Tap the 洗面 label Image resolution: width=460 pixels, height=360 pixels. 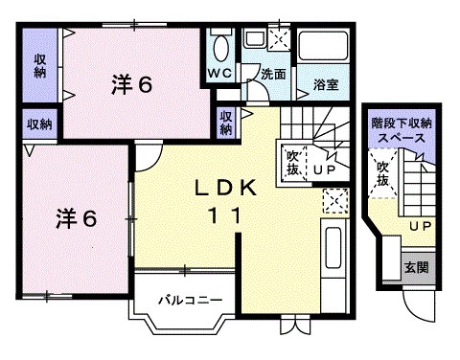(275, 74)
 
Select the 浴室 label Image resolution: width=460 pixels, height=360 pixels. (326, 85)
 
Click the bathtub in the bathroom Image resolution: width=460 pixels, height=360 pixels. (325, 49)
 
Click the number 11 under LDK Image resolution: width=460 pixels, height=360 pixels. (227, 216)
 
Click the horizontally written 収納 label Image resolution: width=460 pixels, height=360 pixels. (39, 123)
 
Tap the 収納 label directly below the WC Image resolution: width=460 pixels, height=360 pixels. (225, 122)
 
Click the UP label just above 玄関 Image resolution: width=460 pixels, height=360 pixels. (418, 226)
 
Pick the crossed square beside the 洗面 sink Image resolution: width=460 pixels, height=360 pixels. (281, 39)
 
